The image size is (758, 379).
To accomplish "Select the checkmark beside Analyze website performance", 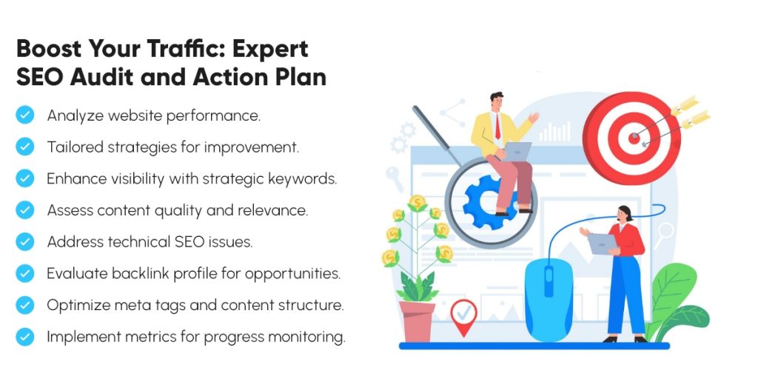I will coord(25,115).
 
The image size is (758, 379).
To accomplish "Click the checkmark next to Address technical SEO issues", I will coord(25,242).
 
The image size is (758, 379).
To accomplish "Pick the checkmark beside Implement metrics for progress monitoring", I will coord(25,337).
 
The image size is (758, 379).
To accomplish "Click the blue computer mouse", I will coord(549,296).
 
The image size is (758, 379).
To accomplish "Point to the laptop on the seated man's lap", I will coord(517,150).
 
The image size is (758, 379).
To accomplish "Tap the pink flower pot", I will coord(417,321).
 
